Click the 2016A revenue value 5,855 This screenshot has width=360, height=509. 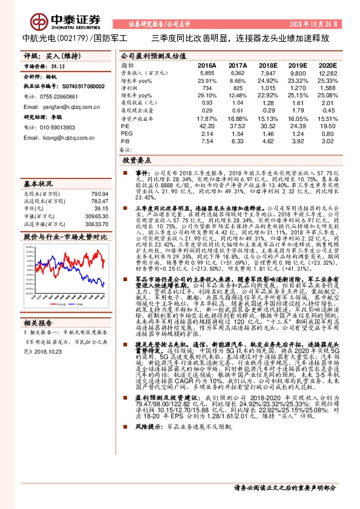[x=208, y=72]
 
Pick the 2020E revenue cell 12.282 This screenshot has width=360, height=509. [x=327, y=72]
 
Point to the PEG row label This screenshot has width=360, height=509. [x=126, y=133]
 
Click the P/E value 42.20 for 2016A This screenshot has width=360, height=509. [x=207, y=126]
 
